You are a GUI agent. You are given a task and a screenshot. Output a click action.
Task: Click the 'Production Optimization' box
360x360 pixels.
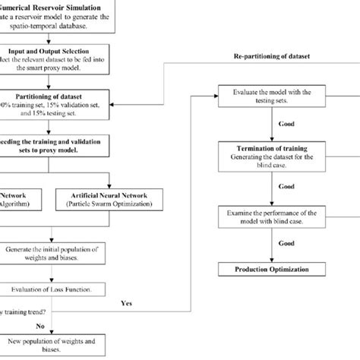tap(265, 269)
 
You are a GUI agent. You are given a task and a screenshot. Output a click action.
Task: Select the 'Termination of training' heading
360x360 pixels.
tap(265, 147)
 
